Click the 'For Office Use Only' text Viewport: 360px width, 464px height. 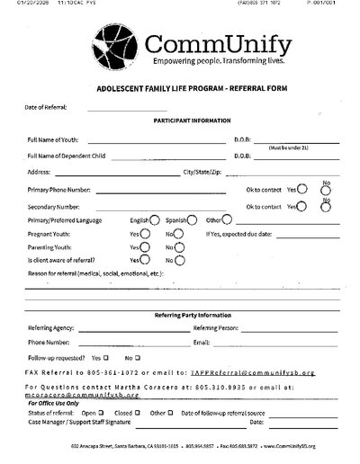(54, 403)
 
